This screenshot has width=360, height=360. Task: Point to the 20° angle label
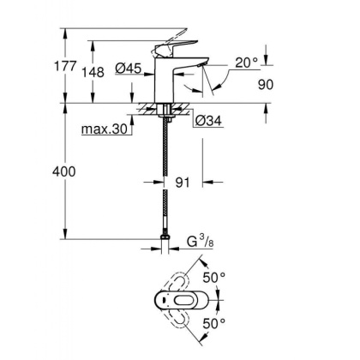coord(246,63)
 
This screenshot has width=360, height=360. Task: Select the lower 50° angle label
coord(237,322)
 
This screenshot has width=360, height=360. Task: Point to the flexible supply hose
coord(164,180)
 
